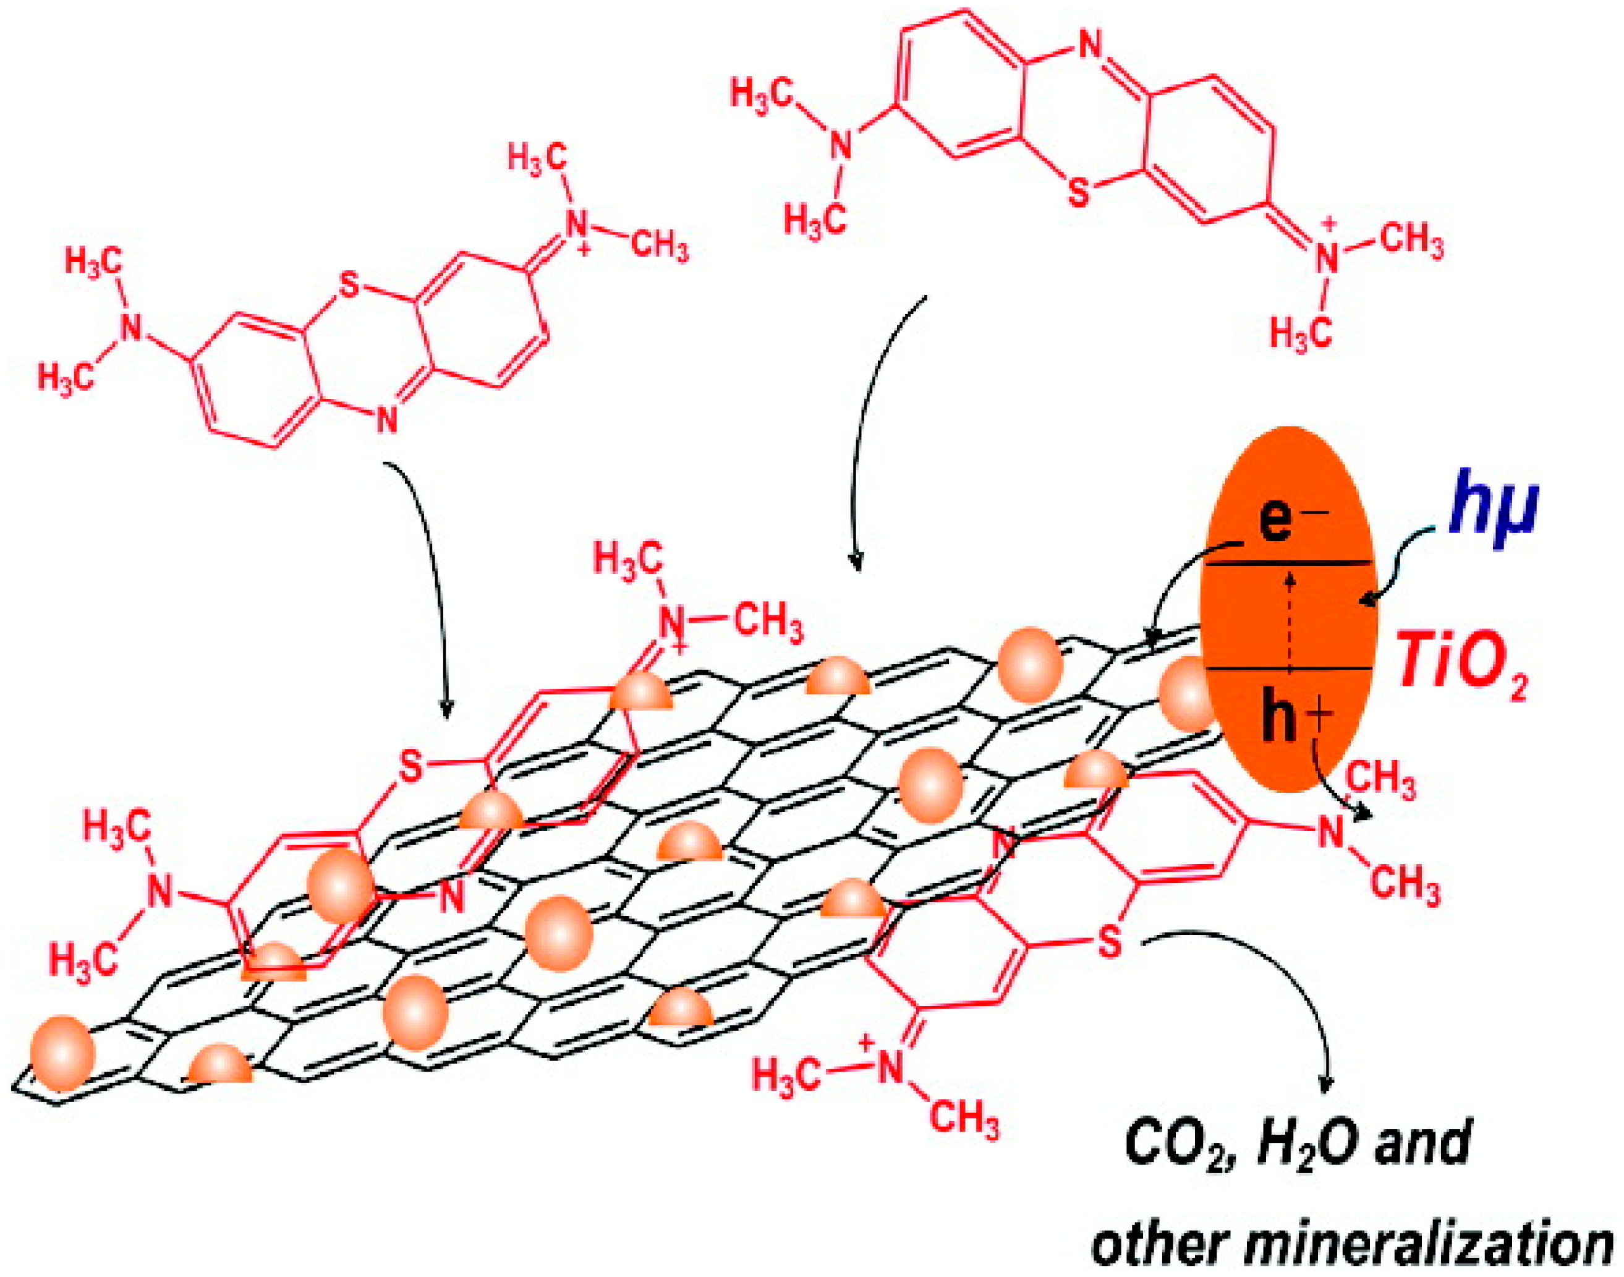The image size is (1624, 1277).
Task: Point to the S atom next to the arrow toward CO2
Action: pyautogui.click(x=1112, y=944)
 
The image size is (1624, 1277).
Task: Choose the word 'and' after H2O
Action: pyautogui.click(x=1424, y=1166)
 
